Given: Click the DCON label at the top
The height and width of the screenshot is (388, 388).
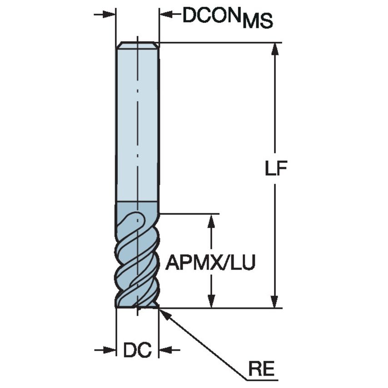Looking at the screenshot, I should tap(212, 16).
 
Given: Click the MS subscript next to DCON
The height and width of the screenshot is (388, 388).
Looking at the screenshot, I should tap(258, 21).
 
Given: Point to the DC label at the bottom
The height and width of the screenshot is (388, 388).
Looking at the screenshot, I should tap(137, 350).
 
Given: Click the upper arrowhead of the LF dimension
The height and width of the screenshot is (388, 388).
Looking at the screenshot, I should tap(274, 49).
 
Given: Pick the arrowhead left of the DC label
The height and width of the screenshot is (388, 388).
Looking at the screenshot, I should tap(110, 350).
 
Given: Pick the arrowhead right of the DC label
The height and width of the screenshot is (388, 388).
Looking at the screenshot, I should tap(164, 350).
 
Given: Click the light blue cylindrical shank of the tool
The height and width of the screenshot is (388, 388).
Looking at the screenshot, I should tap(137, 123).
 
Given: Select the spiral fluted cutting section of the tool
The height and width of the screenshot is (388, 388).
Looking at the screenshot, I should tap(137, 259).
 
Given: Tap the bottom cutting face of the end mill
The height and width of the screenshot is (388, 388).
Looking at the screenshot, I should tap(137, 307).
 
